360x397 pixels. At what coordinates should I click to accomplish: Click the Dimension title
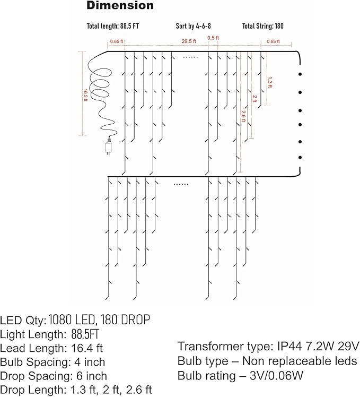(x=120, y=6)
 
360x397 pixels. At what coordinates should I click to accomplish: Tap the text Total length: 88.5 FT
(x=113, y=26)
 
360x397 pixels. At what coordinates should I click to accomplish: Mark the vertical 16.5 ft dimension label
(x=85, y=93)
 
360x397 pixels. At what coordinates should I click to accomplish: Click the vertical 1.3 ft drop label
(x=270, y=83)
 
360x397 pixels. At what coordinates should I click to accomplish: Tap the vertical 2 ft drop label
(x=255, y=99)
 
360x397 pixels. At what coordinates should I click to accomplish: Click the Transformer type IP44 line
(x=268, y=347)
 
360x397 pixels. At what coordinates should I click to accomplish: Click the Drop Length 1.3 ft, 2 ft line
(x=76, y=390)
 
